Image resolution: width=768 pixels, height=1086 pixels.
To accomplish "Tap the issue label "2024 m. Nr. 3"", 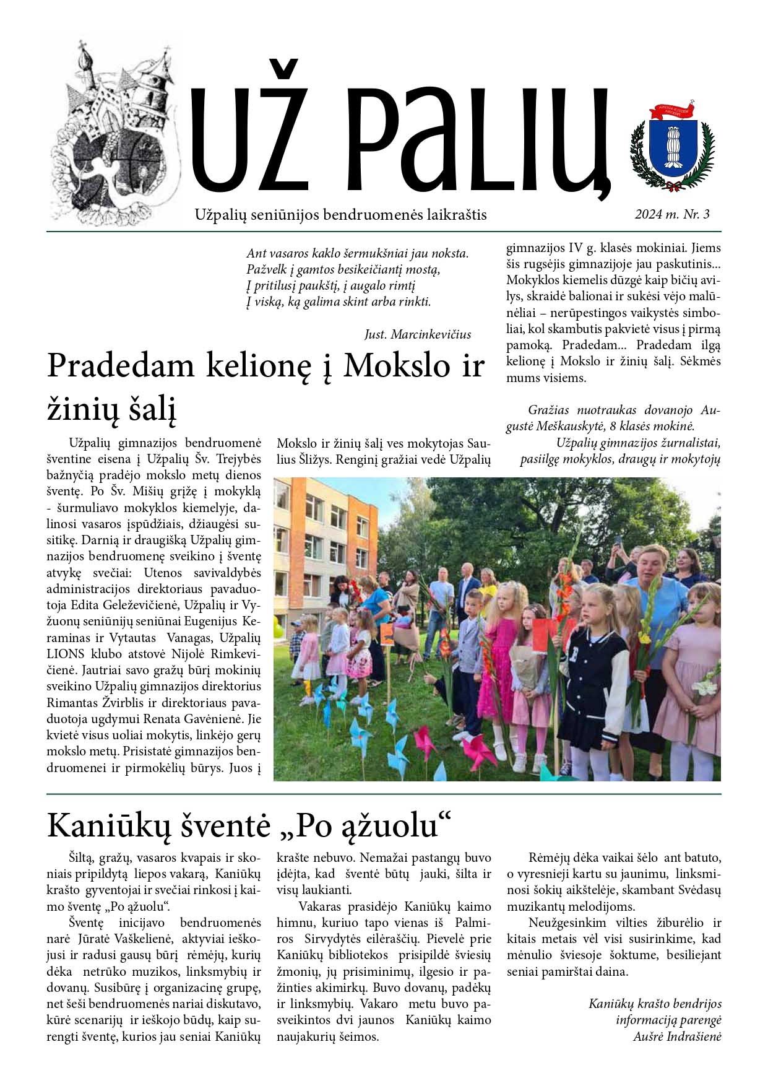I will point(671,214).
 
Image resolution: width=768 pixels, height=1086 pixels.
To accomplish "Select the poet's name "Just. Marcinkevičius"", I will point(418,334).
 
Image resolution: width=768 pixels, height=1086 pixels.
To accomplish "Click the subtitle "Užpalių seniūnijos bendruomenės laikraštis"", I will point(340,215).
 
